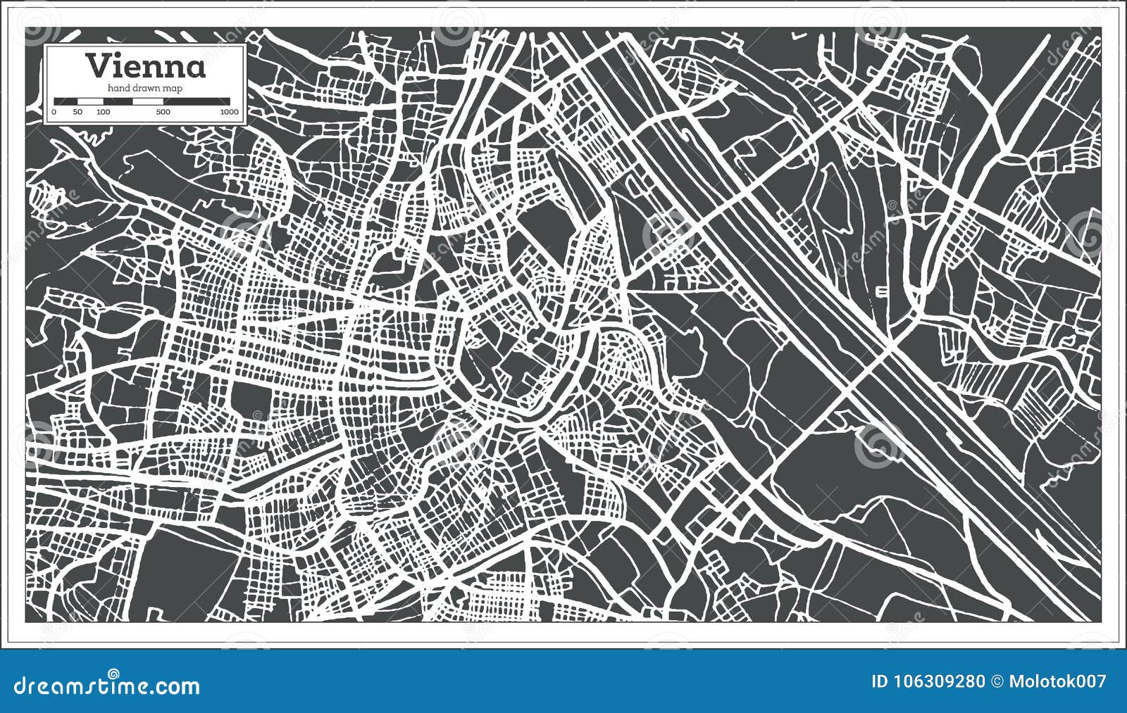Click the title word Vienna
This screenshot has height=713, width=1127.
[146, 66]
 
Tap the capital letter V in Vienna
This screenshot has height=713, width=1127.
[98, 66]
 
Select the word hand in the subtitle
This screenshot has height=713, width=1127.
[119, 88]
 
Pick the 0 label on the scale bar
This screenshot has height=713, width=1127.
[54, 112]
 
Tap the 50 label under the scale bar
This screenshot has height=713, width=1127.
[77, 112]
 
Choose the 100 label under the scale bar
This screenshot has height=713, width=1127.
[103, 112]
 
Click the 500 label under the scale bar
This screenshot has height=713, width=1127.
[163, 112]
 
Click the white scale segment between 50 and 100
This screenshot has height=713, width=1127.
[90, 101]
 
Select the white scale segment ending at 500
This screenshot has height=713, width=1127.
[148, 101]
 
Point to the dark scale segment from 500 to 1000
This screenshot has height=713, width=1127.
[196, 101]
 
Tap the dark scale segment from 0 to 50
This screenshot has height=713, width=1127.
[66, 101]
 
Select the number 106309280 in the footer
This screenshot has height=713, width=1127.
[938, 681]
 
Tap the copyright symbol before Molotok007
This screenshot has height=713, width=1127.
[997, 681]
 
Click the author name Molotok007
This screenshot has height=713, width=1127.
[1057, 681]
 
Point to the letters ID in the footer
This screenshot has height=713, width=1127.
[880, 681]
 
